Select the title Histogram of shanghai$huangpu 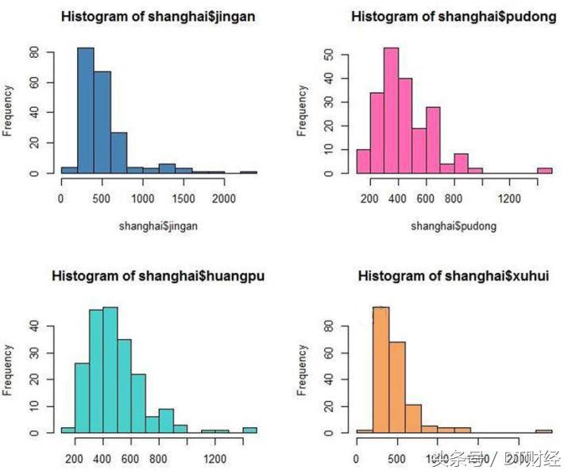pos(159,276)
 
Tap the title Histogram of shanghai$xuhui pos(454,276)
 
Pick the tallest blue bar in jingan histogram pos(85,111)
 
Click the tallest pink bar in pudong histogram pos(390,111)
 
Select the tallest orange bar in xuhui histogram pos(381,369)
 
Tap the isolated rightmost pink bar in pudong pos(544,170)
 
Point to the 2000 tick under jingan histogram pos(224,198)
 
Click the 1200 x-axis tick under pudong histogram pos(509,198)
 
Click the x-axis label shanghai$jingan pos(158,226)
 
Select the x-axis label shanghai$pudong pos(454,226)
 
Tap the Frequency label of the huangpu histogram pos(8,369)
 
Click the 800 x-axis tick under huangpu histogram pos(160,458)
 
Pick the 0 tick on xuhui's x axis pos(357,458)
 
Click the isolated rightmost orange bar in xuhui pos(544,431)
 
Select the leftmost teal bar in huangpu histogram pos(68,430)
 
